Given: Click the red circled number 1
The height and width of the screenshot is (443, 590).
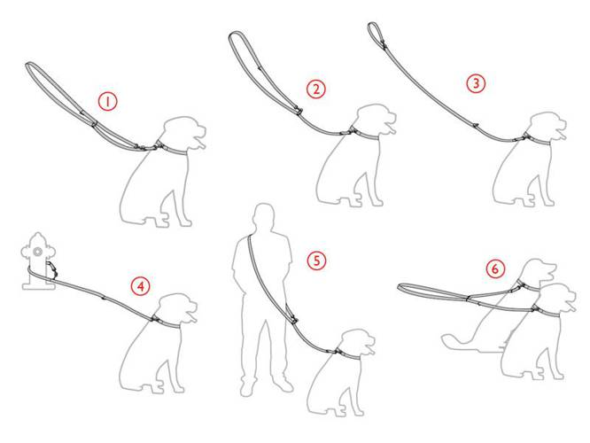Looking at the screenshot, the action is click(x=107, y=102).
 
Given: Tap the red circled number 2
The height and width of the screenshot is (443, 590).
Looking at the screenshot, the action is click(x=315, y=89).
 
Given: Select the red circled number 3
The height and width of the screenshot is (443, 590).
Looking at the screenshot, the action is click(x=476, y=83).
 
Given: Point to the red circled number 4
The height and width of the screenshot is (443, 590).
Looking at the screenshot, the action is click(x=140, y=286).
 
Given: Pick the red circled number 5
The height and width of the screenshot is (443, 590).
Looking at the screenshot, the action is click(x=316, y=260).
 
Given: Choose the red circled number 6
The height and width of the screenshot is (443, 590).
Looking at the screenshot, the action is click(x=495, y=268).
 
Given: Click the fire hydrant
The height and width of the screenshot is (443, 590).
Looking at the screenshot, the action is click(x=38, y=261).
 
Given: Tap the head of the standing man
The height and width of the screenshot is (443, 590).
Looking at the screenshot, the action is click(x=263, y=216).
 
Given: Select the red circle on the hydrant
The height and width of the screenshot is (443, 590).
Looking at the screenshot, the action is click(x=37, y=252).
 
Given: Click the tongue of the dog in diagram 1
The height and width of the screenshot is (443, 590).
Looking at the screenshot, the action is click(x=201, y=144).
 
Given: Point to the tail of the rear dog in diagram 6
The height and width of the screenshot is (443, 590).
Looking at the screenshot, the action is click(x=457, y=340).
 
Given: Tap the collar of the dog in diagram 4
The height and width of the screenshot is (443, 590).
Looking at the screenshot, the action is click(x=167, y=323).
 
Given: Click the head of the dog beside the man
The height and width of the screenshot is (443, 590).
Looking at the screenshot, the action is click(x=357, y=343).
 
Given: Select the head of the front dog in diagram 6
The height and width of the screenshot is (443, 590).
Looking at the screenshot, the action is click(x=557, y=298).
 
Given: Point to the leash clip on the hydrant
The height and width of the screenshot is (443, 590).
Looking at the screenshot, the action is click(x=52, y=268).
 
